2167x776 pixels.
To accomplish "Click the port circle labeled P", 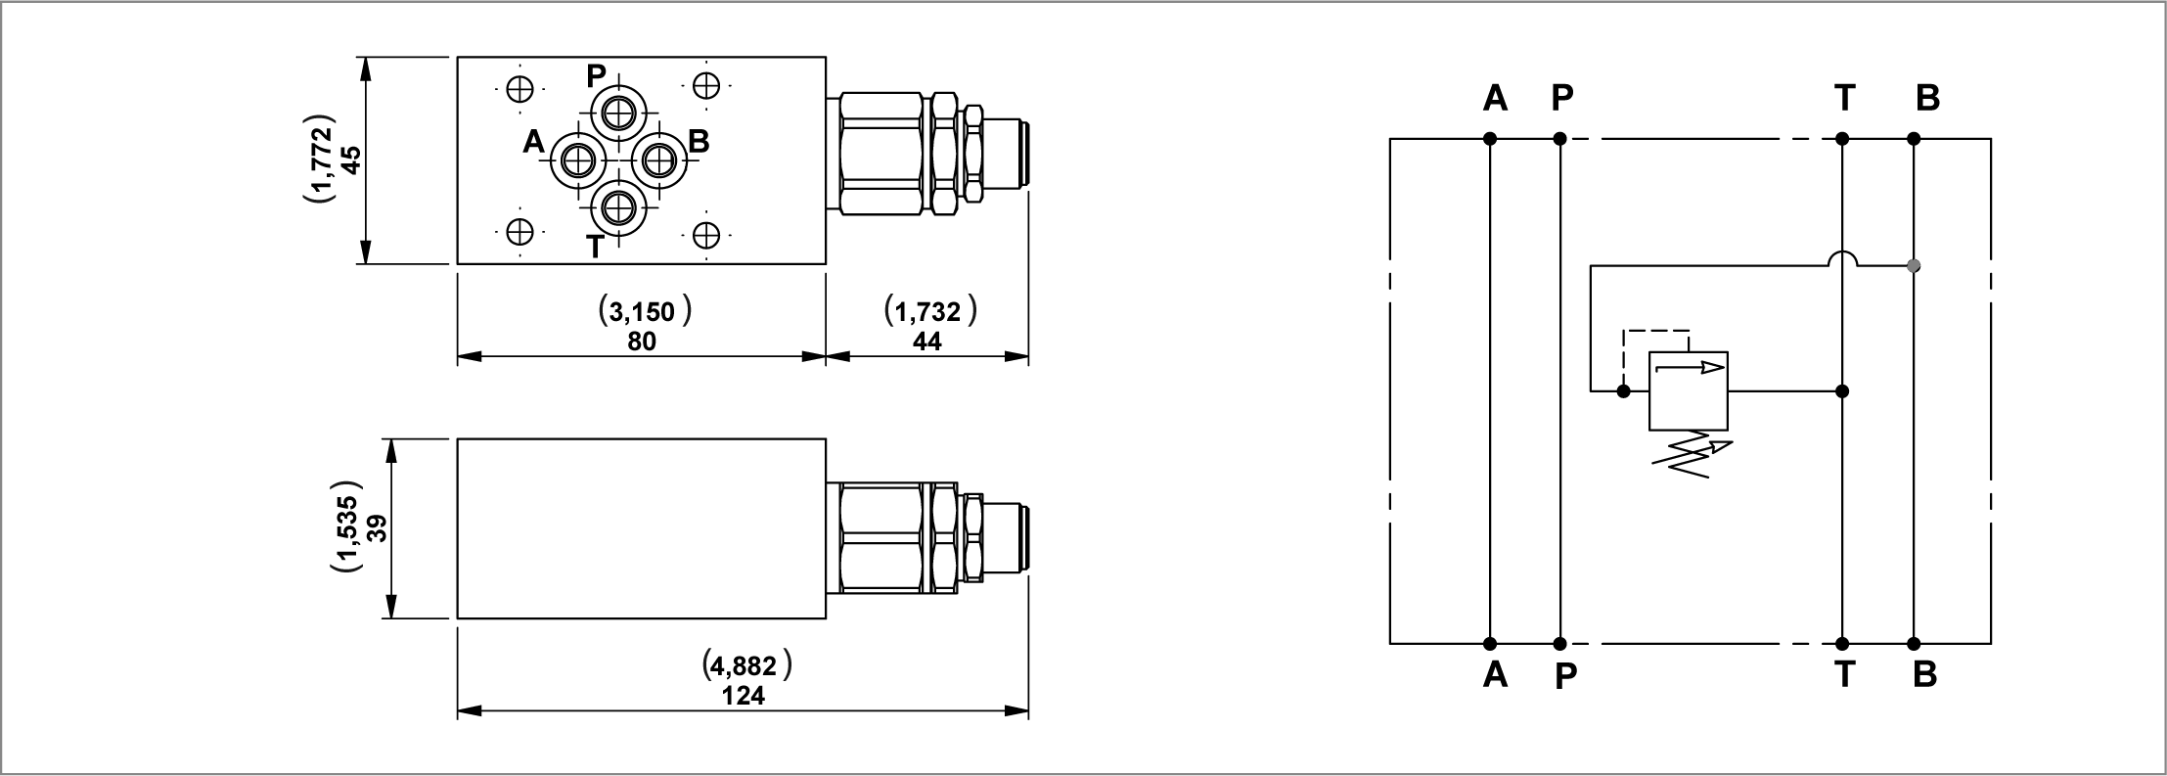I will [617, 114].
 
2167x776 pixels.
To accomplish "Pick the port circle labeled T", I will [617, 206].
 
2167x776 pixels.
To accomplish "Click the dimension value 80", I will [642, 341].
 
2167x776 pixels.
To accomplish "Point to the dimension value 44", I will [926, 341].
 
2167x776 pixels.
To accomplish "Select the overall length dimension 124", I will [744, 697].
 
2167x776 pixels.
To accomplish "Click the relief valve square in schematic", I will [1689, 390].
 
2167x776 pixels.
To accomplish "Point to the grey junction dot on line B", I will [1914, 265].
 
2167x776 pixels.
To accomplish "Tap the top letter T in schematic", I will [1844, 98].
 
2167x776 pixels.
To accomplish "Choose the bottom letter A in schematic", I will [1495, 675].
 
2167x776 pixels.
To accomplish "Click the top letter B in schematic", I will [1926, 98].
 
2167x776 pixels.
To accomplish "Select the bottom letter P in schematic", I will [1565, 675].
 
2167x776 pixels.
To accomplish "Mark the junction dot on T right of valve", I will [1842, 391].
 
